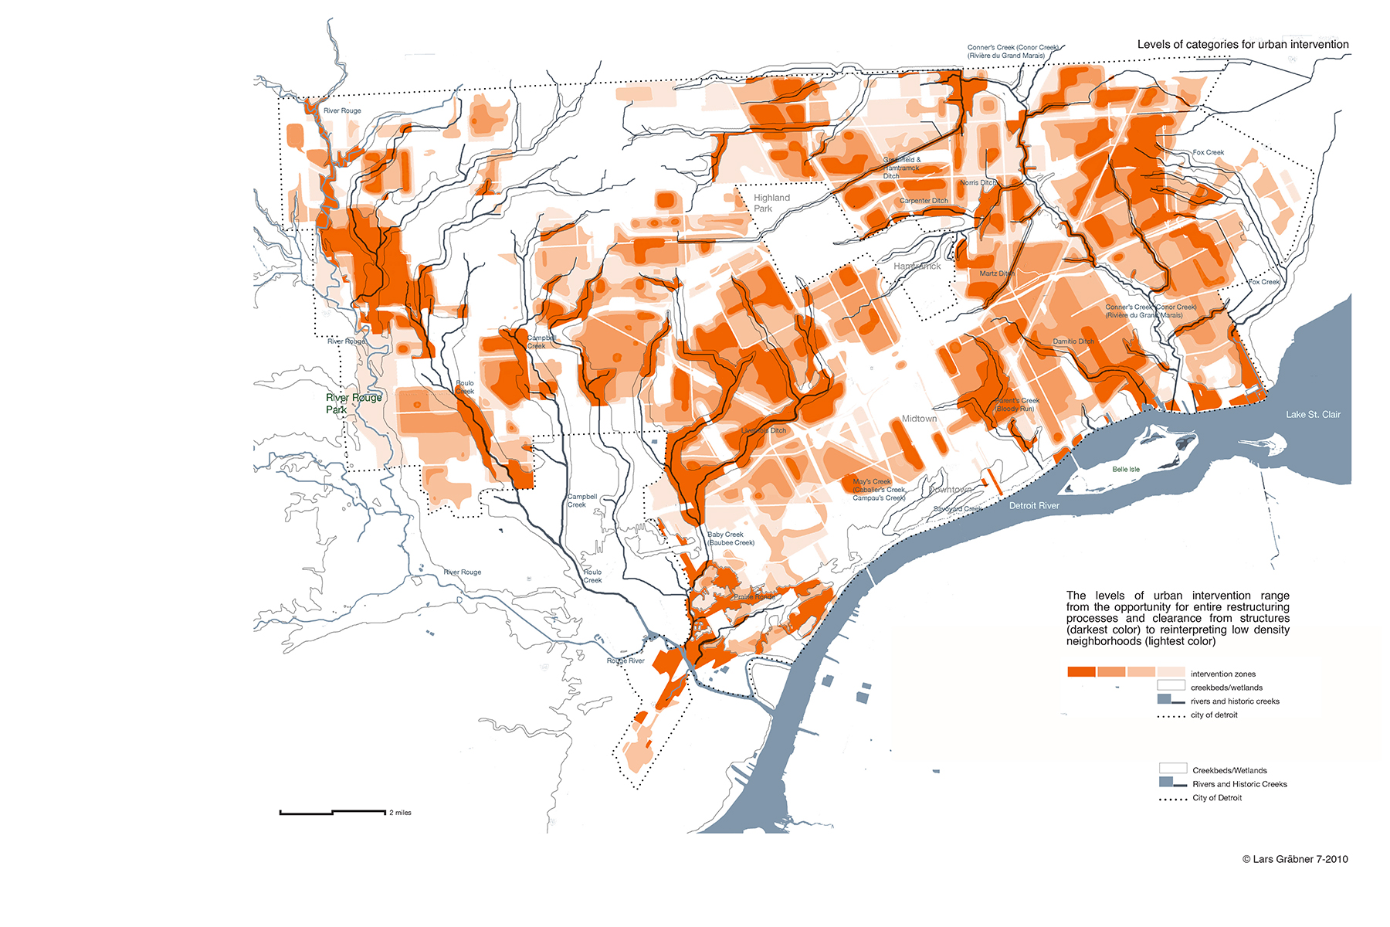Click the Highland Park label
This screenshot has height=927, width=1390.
tap(771, 203)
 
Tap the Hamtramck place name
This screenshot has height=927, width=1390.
tap(917, 267)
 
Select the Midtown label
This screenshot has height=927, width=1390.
tap(919, 419)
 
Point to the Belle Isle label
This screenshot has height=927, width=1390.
tap(1125, 470)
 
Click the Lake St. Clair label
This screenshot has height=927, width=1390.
tap(1313, 415)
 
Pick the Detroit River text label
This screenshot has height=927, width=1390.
tap(1034, 506)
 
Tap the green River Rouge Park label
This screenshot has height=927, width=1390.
tap(353, 403)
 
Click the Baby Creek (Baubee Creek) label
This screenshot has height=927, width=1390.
tap(731, 538)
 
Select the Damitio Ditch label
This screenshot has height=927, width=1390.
tap(1073, 341)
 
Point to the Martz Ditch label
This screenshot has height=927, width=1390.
tap(996, 273)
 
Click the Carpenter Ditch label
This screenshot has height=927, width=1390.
tap(924, 201)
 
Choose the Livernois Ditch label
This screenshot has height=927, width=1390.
tap(764, 431)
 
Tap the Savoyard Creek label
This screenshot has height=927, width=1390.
tap(958, 509)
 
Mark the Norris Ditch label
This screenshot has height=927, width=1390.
tap(978, 183)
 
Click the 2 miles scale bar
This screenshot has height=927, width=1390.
tap(333, 812)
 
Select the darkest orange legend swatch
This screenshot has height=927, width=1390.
tap(1081, 672)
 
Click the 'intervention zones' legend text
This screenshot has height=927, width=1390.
tap(1223, 674)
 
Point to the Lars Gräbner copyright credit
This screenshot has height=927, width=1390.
tap(1295, 859)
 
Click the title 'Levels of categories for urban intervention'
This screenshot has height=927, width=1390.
tap(1243, 45)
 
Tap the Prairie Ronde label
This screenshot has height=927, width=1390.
tap(754, 597)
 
